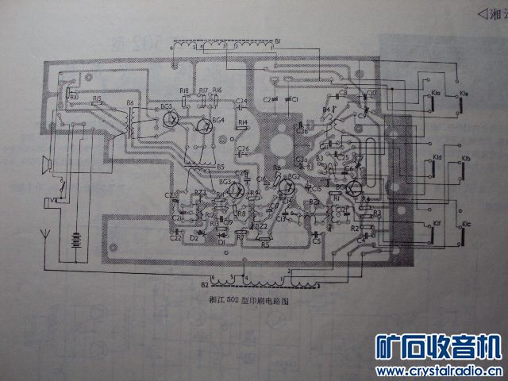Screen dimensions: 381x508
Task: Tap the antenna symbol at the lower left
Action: coord(45,235)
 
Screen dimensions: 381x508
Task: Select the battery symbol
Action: coord(75,239)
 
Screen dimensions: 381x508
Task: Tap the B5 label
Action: coord(220,167)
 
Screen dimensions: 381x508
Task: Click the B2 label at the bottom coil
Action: coord(205,283)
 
